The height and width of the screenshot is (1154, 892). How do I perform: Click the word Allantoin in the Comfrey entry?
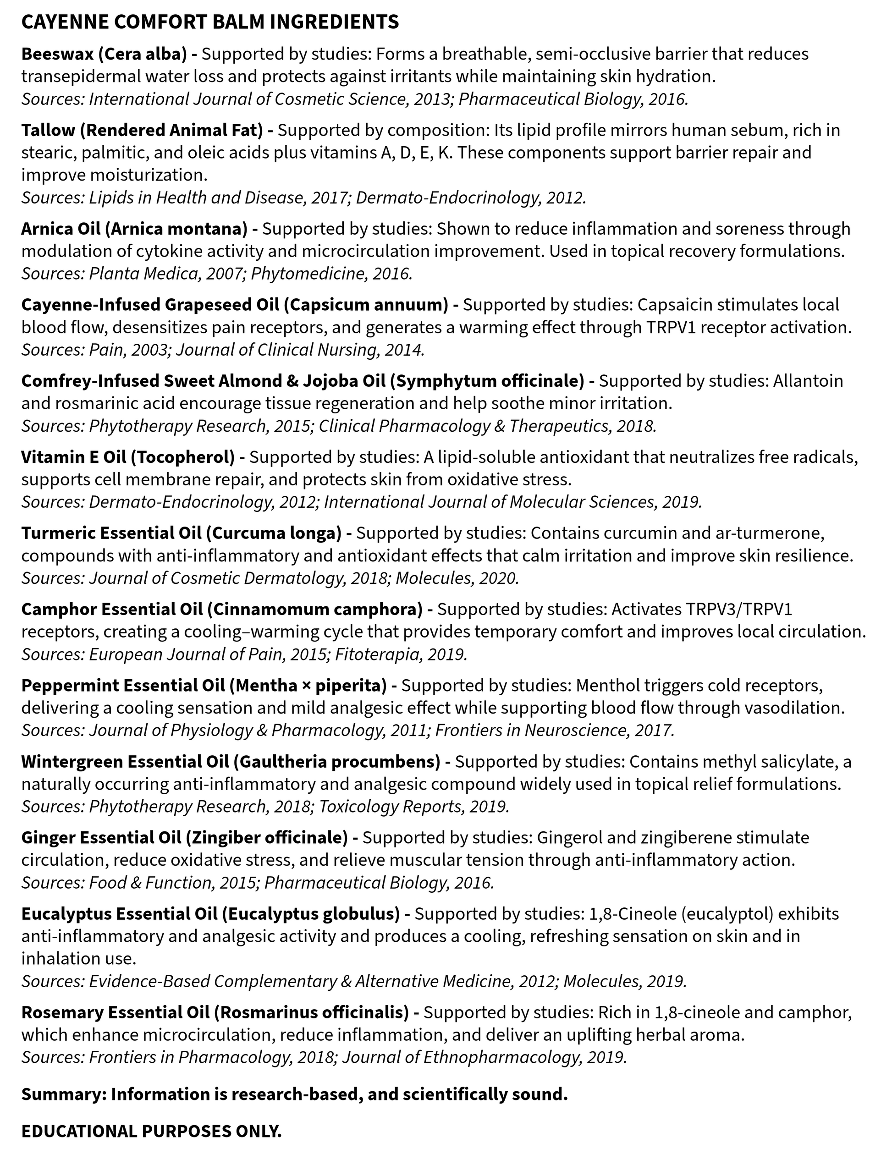(808, 381)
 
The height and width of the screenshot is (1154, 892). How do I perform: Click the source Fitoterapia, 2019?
(401, 654)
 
